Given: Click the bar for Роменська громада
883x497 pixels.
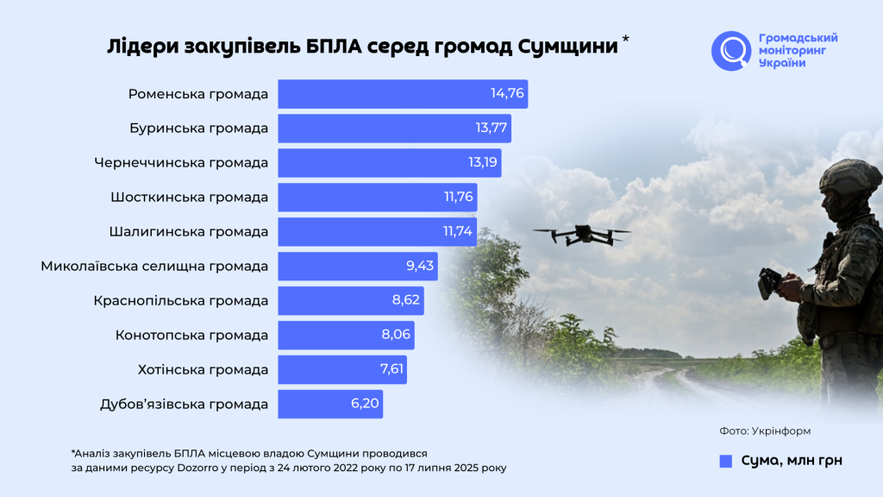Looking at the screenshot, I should [402, 94].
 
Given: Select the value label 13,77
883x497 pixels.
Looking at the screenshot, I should [492, 129].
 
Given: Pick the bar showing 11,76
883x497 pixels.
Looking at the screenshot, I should [377, 198].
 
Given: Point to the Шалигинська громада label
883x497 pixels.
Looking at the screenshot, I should [189, 232].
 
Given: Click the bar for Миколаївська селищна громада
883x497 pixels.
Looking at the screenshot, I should [357, 267].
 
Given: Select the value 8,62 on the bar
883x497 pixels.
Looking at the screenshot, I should [402, 301].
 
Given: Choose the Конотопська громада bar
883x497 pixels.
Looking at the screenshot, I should [346, 336].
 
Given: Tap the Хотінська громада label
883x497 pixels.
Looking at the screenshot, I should [203, 370].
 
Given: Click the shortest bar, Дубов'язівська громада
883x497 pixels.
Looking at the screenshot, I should [329, 405].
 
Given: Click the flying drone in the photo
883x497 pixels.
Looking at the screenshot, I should [581, 234].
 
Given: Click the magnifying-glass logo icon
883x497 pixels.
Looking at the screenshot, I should [731, 51].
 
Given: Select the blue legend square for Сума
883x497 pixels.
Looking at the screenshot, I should [725, 461].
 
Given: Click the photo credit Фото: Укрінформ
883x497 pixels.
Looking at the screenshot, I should [765, 430].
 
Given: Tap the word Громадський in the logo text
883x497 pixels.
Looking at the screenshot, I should [798, 38].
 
